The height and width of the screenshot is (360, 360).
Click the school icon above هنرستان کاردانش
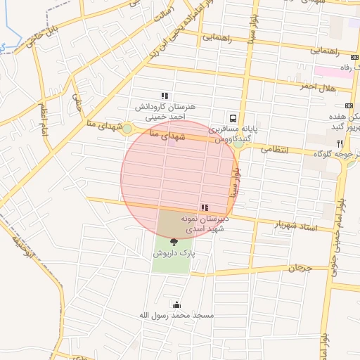coord(165,96)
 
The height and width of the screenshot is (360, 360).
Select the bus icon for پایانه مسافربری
coord(232,118)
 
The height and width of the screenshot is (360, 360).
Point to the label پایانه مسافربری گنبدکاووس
coord(233,134)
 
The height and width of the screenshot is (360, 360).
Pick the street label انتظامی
coord(275,148)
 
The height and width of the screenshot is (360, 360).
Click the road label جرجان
coord(299,268)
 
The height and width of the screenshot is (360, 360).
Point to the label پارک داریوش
coord(174,252)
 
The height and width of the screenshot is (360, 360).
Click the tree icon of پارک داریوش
coord(174,242)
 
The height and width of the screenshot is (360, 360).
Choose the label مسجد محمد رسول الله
coord(176,315)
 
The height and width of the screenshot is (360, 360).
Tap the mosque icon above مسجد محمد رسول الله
coord(176,304)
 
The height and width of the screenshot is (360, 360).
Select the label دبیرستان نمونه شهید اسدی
coord(204,224)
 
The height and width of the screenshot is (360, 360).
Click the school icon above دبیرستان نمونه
coord(204,207)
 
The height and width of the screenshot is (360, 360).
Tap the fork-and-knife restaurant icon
coord(340,143)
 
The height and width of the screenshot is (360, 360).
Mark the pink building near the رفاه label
coord(330,71)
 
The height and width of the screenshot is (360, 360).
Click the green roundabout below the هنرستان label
coord(127,128)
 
